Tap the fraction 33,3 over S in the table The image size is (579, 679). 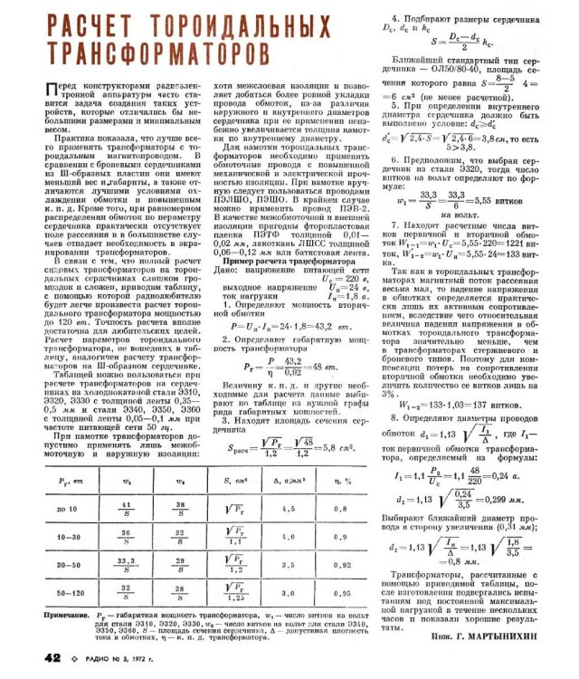(x=127, y=563)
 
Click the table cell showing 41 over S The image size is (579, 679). (x=127, y=507)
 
